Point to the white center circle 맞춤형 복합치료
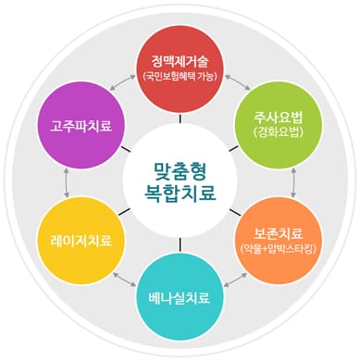click(x=180, y=180)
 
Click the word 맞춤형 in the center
click(x=180, y=168)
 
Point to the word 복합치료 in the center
click(x=180, y=193)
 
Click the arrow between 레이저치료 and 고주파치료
click(x=66, y=181)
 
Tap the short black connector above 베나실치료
click(x=180, y=244)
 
